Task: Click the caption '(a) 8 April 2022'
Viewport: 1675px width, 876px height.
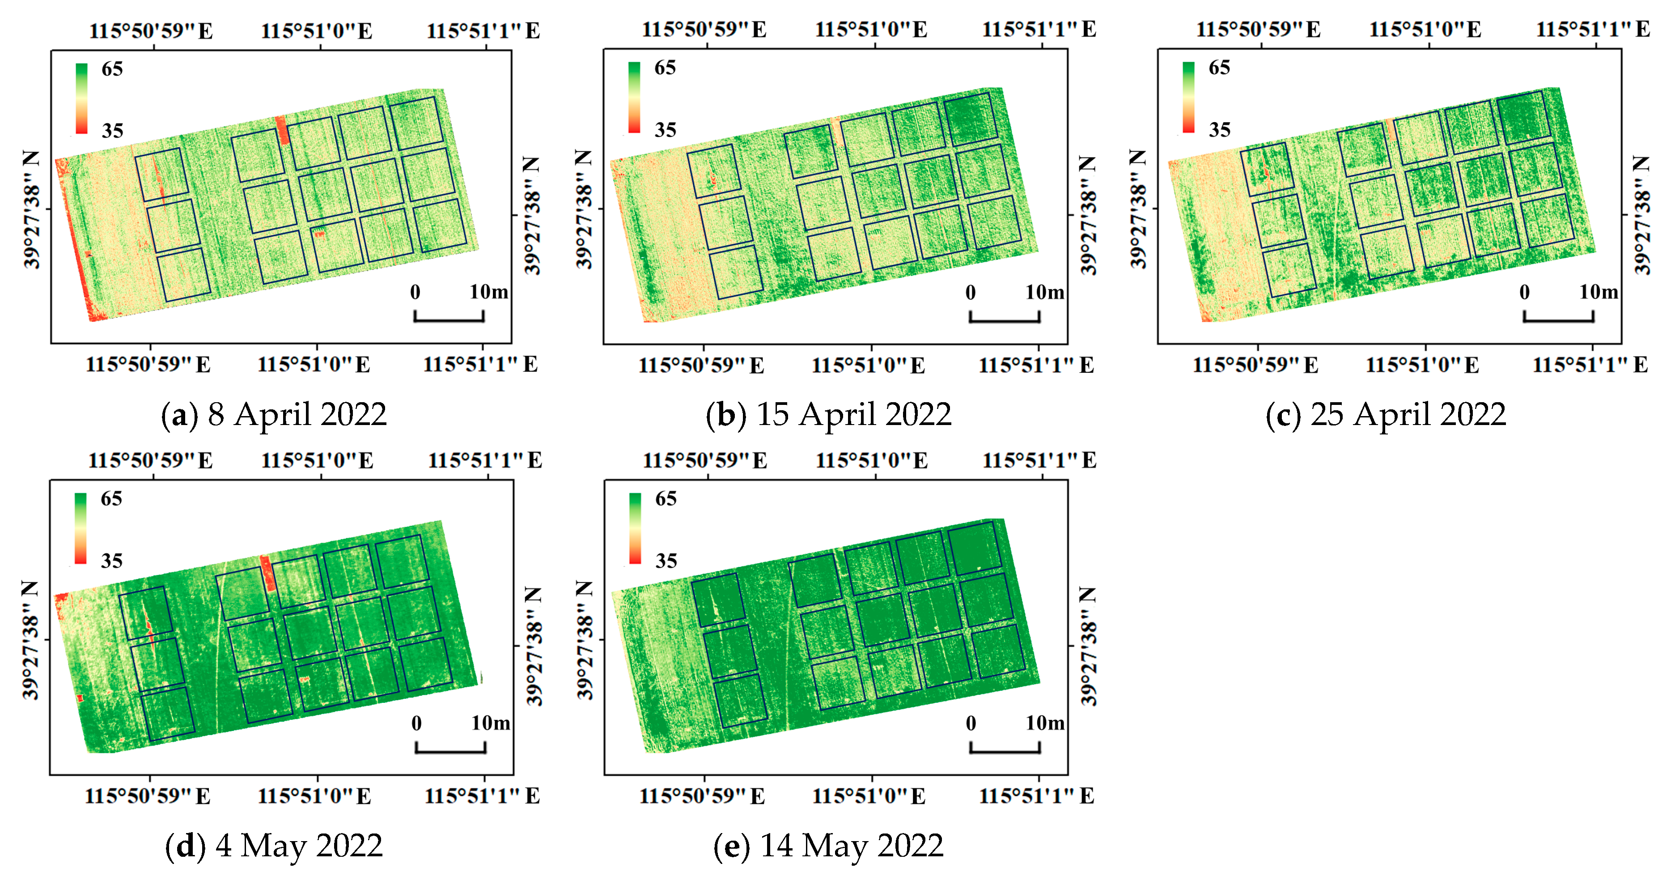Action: (274, 415)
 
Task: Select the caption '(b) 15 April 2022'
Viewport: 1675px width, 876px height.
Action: (828, 415)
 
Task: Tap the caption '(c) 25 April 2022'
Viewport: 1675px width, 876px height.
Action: (1385, 415)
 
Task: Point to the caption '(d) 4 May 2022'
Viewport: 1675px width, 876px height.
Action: (274, 846)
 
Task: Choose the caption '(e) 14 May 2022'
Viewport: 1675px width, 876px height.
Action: (828, 846)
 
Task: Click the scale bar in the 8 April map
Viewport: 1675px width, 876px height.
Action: (449, 317)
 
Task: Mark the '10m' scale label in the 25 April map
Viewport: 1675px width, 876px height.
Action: (1598, 292)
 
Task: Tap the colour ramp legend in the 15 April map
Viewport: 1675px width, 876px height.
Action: (634, 98)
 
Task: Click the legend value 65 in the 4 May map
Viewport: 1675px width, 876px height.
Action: (111, 499)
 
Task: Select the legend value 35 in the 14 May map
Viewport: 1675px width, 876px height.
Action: (666, 561)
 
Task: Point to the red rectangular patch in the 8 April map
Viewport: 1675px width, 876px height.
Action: (282, 130)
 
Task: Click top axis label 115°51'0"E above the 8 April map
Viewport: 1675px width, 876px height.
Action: (317, 31)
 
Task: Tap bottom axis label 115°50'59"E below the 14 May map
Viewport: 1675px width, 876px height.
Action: (702, 796)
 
